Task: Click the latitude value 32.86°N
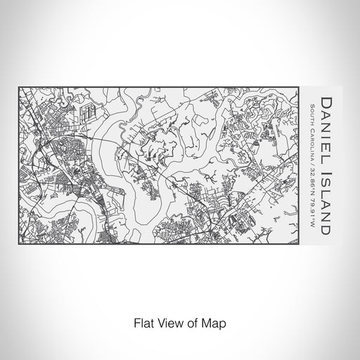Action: [311, 189]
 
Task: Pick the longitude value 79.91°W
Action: [311, 218]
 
